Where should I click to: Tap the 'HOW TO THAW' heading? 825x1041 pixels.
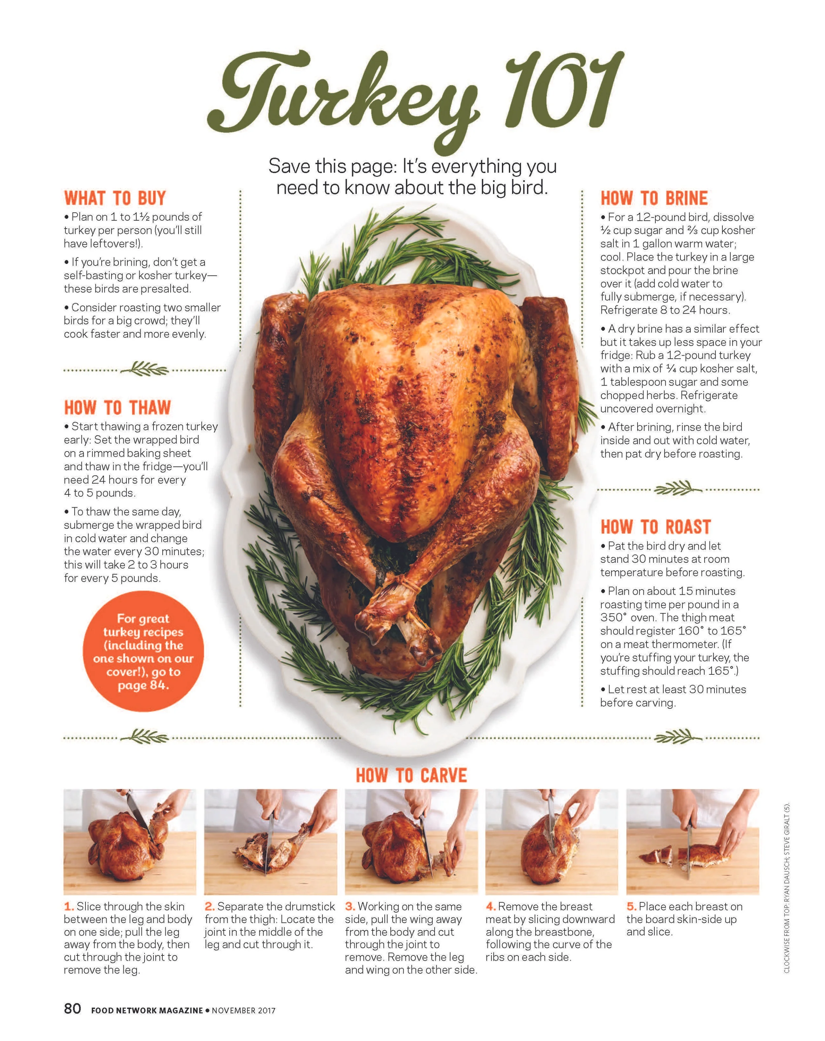pos(117,408)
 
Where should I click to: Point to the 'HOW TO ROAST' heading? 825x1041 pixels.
pos(656,527)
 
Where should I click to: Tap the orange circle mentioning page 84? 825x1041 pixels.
pos(143,651)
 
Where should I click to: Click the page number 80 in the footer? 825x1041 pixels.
pos(72,1008)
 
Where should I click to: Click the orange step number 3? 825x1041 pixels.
pos(350,907)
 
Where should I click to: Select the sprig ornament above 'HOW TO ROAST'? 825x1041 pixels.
pos(678,489)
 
